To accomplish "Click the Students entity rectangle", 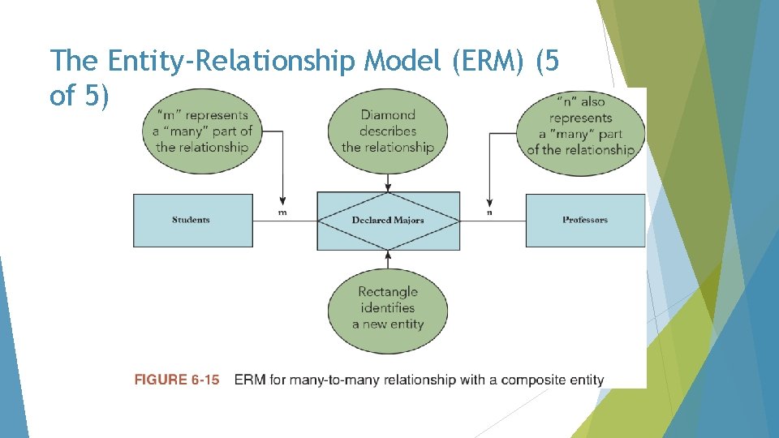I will coord(192,220).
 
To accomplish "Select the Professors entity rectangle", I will coord(585,220).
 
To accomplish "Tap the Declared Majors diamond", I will coord(388,220).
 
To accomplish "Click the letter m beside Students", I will coord(282,213).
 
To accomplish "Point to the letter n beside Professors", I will coord(489,213).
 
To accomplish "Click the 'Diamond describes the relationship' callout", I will coord(388,131).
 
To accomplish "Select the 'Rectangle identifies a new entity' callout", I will coord(388,308).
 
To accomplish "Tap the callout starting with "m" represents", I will coord(201,131).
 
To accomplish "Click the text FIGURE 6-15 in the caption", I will coord(177,380).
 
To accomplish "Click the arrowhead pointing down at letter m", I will coord(282,201).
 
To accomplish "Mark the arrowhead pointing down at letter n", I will coord(489,201).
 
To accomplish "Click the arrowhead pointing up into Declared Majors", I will coord(388,254).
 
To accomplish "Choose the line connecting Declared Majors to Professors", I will coord(493,221).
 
